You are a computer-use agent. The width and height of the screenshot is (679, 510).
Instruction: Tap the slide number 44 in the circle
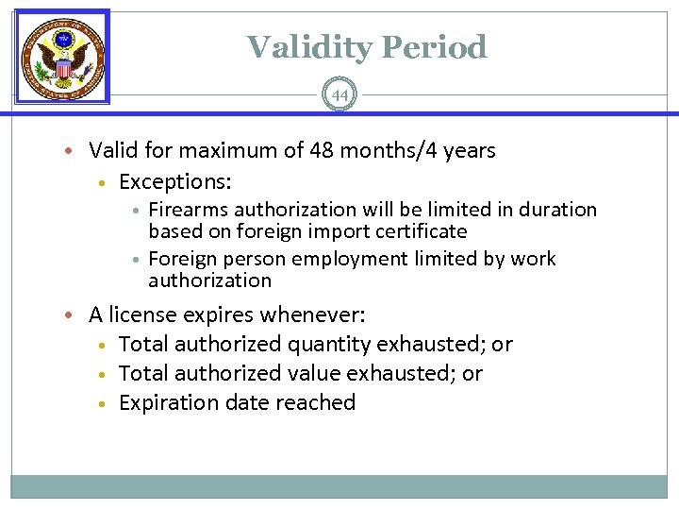coord(339,95)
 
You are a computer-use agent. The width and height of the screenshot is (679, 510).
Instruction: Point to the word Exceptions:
coord(175,180)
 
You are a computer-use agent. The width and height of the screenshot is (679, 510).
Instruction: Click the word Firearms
coord(187,210)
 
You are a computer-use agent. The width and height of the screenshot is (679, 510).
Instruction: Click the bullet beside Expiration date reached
coord(104,403)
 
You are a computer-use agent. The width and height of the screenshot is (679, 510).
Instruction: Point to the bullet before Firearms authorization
coord(136,210)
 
